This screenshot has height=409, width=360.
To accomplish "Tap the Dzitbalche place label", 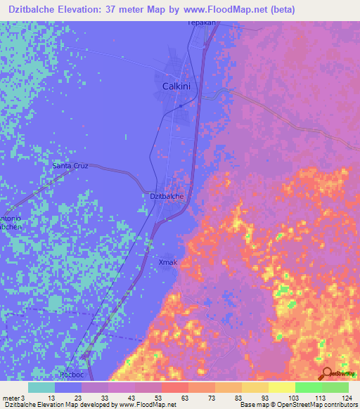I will (167, 197).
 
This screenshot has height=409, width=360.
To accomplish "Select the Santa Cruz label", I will (70, 166).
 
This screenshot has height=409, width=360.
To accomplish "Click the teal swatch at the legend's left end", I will (41, 387).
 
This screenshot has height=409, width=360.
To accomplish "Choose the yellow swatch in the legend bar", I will (281, 387).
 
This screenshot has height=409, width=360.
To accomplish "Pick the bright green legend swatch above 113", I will (308, 387).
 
